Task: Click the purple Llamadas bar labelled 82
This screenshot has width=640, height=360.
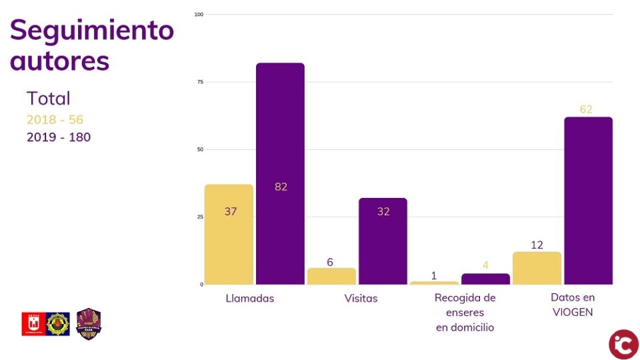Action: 280,173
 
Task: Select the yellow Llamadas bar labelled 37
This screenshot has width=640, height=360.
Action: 229,234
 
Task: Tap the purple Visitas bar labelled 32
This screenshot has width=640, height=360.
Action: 383,241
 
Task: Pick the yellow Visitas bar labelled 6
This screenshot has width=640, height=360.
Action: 331,276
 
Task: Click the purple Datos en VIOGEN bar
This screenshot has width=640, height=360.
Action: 588,200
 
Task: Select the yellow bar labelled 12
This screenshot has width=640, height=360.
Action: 537,268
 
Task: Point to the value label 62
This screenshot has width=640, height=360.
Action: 586,109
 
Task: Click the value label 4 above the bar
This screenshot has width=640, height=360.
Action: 485,265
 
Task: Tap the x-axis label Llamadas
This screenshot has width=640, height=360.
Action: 249,298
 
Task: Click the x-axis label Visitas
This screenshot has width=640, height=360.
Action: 361,298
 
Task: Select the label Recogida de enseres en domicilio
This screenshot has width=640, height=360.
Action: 465,312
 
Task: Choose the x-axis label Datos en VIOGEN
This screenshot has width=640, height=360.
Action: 573,305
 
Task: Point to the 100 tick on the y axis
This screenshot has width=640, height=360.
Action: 198,14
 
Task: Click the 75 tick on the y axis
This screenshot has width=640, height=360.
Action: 199,82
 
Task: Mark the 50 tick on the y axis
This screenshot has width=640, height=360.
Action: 199,149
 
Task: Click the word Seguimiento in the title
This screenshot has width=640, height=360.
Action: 92,30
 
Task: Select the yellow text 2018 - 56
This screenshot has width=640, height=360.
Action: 55,120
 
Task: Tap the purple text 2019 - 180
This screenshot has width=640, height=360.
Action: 59,137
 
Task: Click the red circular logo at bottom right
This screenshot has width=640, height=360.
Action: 623,344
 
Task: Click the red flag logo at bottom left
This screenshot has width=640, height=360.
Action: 33,324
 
